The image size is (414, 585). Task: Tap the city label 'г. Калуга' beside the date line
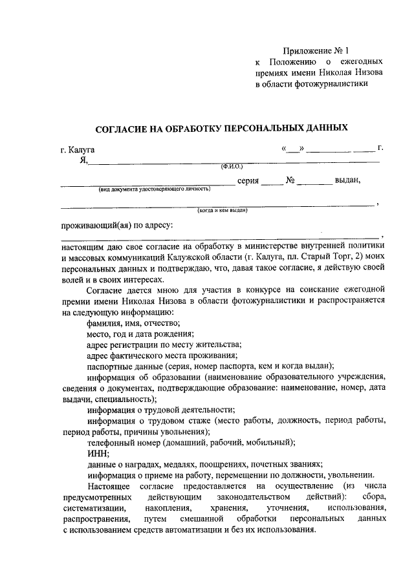point(78,150)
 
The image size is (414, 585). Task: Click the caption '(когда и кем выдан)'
point(222,210)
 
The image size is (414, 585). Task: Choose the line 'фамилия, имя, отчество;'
point(133,323)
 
